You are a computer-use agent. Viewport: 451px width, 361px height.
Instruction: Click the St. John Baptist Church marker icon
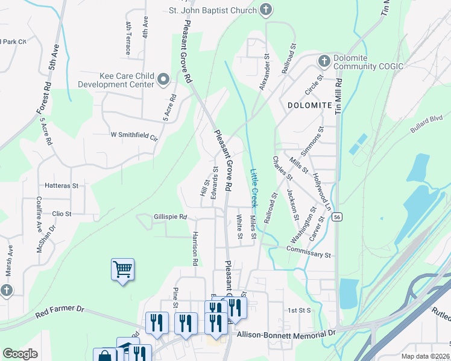[266, 10]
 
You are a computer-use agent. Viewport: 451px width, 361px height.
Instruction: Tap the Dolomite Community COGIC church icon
[324, 61]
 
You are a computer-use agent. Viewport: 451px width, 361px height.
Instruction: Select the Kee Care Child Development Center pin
[163, 80]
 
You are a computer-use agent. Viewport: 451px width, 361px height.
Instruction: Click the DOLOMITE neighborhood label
[310, 105]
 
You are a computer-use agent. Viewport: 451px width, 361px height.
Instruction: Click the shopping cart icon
[122, 269]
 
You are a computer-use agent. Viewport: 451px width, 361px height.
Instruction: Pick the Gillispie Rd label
[171, 217]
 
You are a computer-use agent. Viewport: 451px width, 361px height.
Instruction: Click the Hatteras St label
[62, 186]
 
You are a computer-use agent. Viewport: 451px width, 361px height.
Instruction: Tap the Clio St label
[62, 214]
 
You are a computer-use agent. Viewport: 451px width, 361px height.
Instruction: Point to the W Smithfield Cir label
[134, 135]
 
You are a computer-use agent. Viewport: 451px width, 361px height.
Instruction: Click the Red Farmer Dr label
[60, 310]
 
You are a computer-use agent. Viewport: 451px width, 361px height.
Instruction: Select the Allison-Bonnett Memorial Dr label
[286, 333]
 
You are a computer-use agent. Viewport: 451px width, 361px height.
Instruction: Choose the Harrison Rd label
[195, 248]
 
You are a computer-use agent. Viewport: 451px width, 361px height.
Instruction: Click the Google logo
[20, 354]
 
